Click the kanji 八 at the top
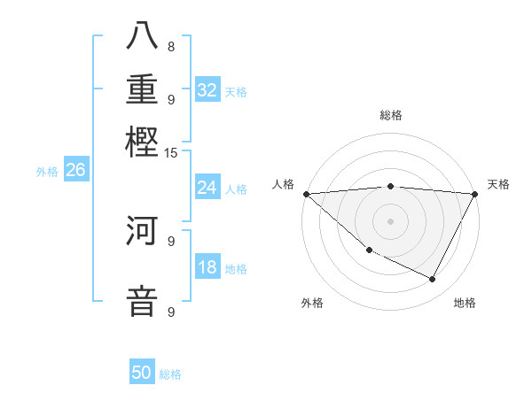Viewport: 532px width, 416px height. tap(143, 37)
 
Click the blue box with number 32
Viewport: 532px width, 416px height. tap(207, 90)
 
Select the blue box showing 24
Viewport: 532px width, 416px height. tap(207, 188)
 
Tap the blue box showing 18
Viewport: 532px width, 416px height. tap(207, 267)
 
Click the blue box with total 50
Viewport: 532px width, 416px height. tap(142, 373)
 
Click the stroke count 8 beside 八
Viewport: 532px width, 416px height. tap(170, 47)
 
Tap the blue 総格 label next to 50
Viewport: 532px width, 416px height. tap(170, 374)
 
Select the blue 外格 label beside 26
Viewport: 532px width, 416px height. tap(46, 172)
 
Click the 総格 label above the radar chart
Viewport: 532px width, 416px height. tap(390, 115)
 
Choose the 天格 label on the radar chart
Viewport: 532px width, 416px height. tap(498, 184)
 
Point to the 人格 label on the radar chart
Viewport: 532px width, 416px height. tap(283, 184)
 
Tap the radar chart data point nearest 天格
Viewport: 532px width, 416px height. tap(475, 194)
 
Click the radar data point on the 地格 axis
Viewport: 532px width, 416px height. tap(433, 279)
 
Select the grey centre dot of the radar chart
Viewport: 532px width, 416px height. tap(390, 220)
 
